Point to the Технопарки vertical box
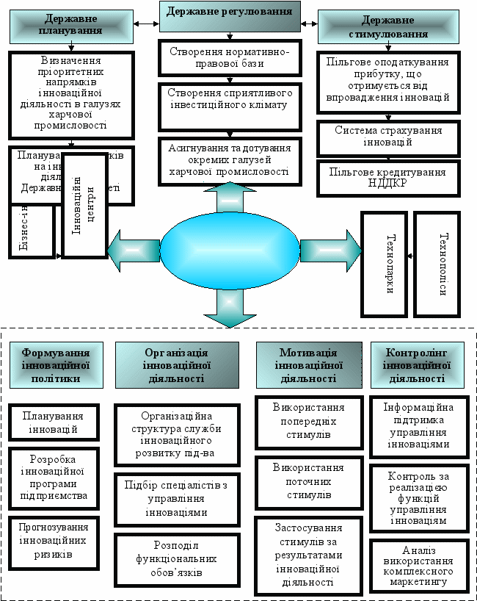tap(382, 264)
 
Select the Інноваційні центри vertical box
tap(84, 205)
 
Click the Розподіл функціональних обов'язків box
tap(177, 559)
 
